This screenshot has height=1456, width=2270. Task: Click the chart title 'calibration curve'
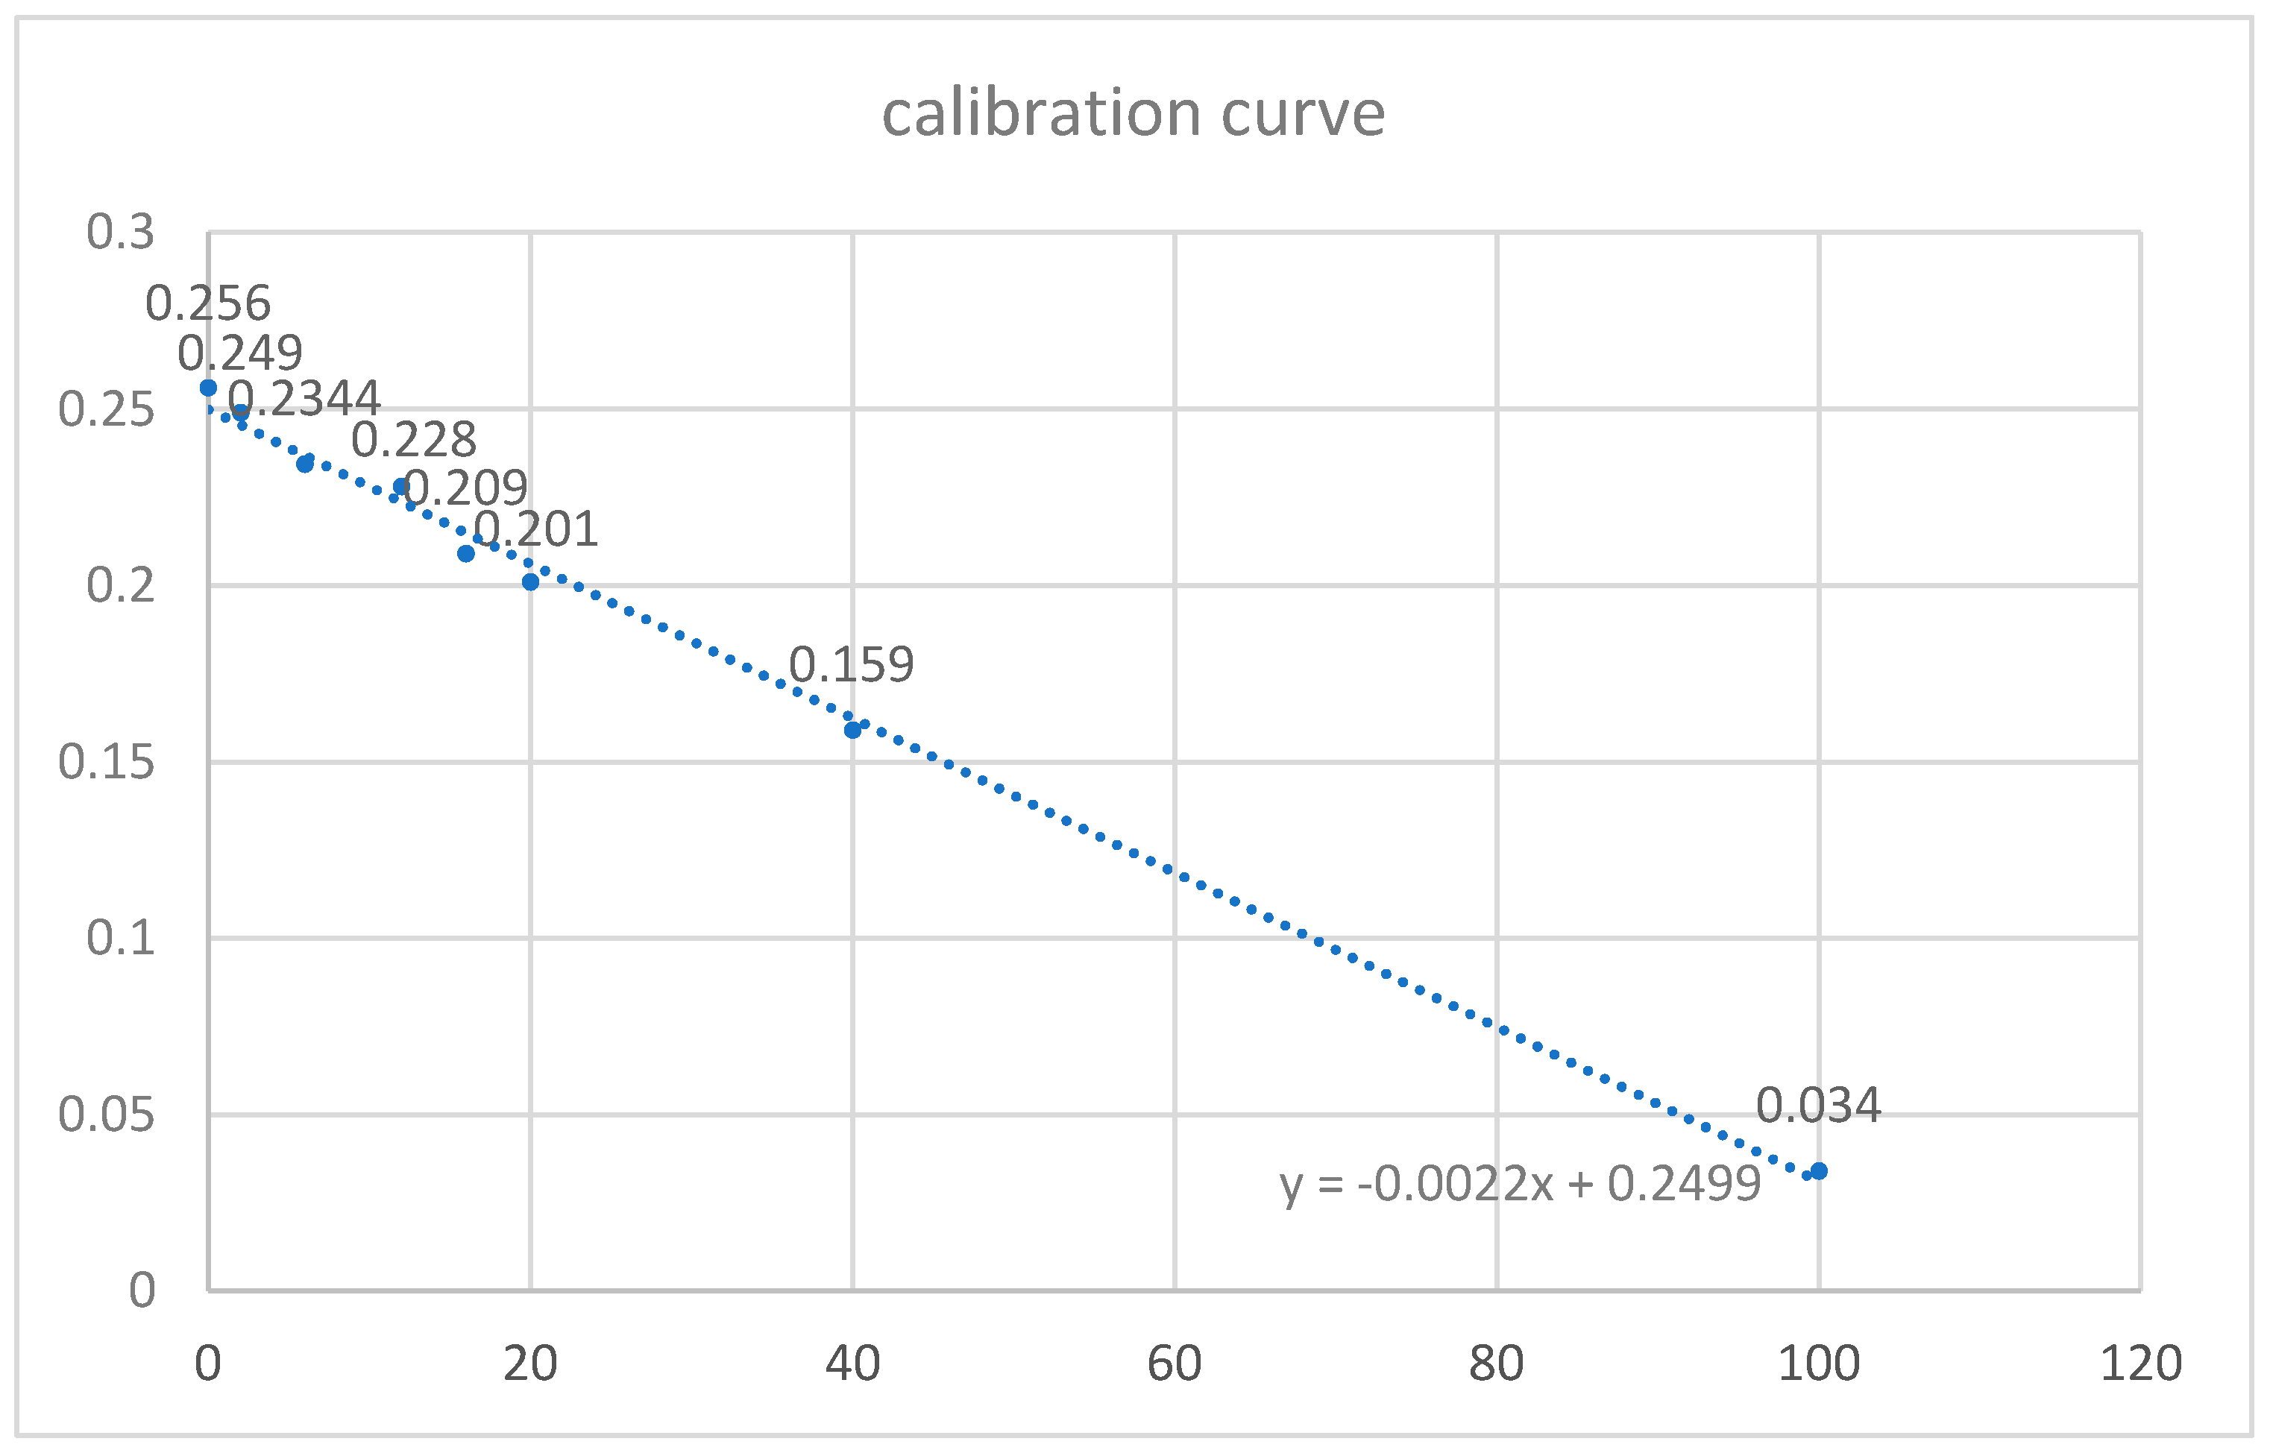1134,113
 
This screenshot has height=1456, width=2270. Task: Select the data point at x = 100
1818,1171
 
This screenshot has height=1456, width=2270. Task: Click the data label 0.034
1818,1106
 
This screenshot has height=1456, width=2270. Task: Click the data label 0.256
208,303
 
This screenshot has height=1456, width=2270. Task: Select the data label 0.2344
304,398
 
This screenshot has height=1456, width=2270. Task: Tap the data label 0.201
535,529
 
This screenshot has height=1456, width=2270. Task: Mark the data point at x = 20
530,582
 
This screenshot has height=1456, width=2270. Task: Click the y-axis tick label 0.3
120,233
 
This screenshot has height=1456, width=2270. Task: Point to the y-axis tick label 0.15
106,762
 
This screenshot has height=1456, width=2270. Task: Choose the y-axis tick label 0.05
106,1115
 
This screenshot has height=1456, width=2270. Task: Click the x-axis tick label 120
2140,1364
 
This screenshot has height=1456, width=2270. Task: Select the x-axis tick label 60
1175,1364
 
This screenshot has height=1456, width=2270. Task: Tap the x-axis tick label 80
1497,1364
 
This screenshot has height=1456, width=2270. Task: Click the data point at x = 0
209,388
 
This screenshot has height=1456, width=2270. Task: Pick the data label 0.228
413,440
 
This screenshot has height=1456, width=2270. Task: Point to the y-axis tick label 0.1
120,938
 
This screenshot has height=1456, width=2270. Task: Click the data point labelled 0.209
466,553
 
